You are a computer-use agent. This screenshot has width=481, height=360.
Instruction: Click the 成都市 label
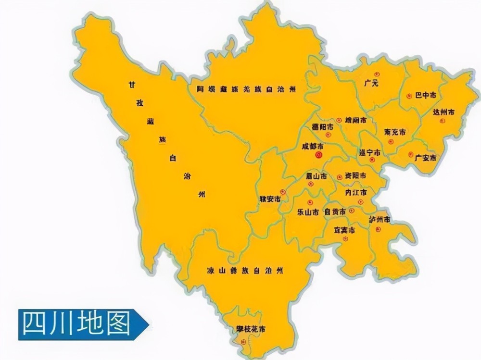313,146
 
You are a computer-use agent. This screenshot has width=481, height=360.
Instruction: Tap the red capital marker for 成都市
318,155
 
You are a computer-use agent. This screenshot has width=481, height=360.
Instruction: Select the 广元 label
371,83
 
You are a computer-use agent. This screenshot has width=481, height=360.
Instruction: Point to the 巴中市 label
426,95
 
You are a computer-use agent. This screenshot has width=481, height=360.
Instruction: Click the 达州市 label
443,112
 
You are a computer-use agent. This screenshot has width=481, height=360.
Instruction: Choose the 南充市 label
395,132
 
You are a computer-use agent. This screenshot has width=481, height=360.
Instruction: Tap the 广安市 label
426,158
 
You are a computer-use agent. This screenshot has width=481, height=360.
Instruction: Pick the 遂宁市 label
370,152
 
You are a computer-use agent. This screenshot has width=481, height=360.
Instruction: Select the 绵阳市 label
356,120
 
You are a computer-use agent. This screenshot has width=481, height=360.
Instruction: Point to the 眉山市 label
317,176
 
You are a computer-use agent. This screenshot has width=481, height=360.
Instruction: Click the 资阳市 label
355,176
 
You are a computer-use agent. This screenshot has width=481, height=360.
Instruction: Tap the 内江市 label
356,192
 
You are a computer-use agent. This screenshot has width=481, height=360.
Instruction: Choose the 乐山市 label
308,211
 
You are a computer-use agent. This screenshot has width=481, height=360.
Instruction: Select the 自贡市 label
335,211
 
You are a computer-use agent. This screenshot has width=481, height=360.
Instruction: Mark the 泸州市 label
380,220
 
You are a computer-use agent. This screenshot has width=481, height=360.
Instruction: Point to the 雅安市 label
270,199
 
